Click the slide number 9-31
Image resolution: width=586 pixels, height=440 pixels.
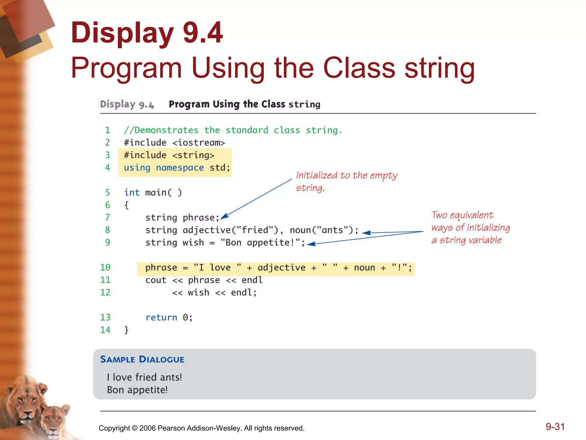coord(555,427)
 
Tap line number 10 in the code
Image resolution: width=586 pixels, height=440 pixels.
coord(105,268)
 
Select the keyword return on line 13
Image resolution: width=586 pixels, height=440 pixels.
coord(161,317)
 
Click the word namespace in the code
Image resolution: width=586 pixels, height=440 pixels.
coord(180,168)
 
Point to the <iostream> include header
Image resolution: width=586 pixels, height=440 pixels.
coord(199,143)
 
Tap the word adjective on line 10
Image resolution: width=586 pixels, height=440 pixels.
coord(282,268)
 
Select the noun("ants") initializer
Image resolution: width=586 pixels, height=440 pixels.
coord(320,230)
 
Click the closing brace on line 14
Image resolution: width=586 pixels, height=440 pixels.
coord(126,330)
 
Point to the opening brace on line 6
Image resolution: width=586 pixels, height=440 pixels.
coord(126,205)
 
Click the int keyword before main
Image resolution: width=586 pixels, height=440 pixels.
coord(132,192)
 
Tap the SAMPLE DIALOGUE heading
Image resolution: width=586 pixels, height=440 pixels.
coord(142,360)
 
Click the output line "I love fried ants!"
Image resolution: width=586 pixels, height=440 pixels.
coord(144,377)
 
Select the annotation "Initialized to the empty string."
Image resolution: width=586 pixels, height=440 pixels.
coord(346,181)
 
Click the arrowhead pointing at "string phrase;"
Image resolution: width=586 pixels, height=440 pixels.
coord(224,216)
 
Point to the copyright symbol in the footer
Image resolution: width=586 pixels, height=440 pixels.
coord(134,428)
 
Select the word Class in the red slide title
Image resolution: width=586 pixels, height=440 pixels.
coord(359,68)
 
